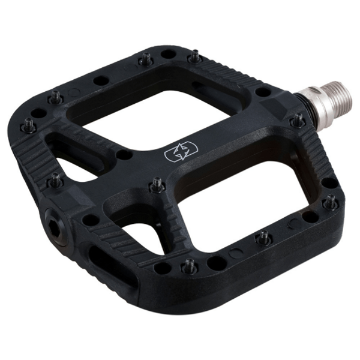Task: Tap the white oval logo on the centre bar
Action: [177, 152]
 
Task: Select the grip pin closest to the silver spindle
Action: [296, 121]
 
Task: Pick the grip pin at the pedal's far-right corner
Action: [329, 202]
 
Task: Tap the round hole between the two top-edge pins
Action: [169, 55]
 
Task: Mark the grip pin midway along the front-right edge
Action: [263, 237]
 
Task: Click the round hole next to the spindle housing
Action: [263, 92]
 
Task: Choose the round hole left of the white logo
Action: [124, 155]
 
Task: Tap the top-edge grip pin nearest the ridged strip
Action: [195, 57]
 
